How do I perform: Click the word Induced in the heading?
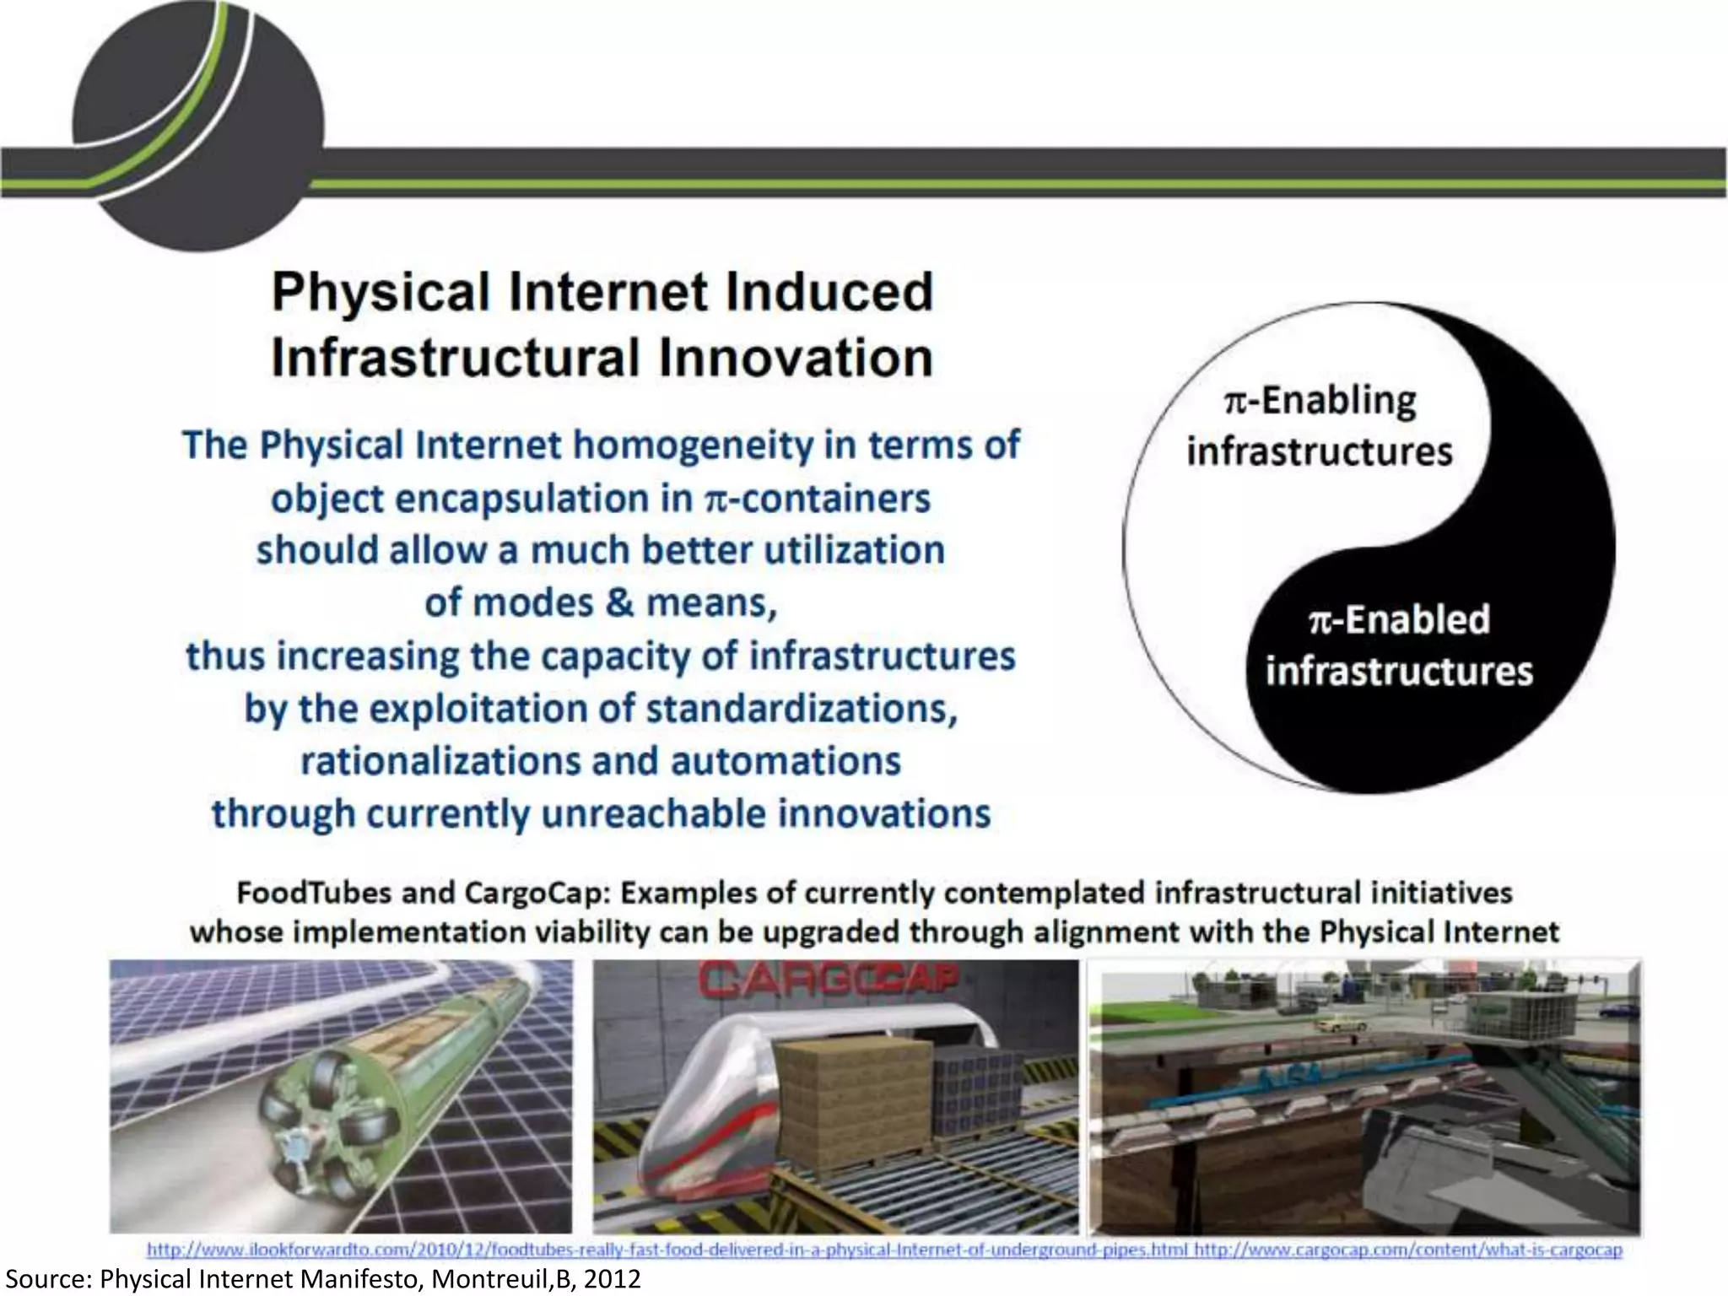click(x=829, y=292)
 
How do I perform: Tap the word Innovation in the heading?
click(x=796, y=358)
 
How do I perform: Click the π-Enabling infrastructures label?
click(x=1320, y=425)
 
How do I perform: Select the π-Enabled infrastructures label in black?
click(x=1399, y=645)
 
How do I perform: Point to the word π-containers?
click(x=817, y=499)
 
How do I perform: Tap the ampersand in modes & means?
click(x=619, y=603)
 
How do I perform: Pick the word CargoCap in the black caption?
click(x=505, y=893)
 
